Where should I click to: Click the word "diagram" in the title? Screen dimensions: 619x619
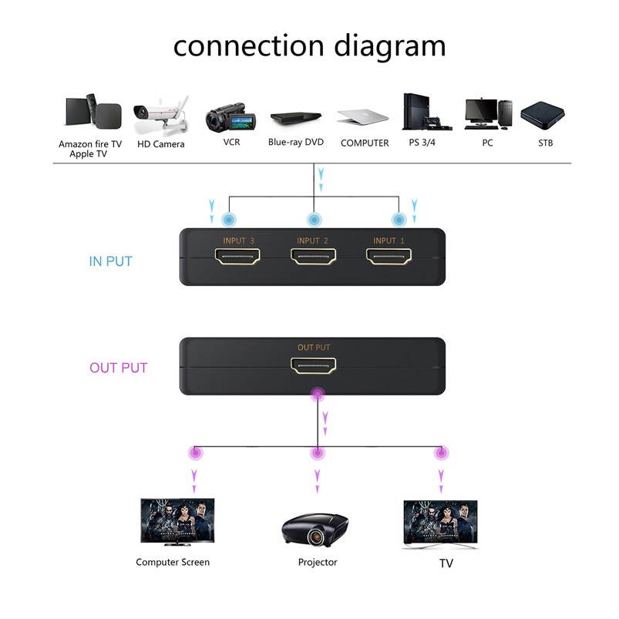pos(389,45)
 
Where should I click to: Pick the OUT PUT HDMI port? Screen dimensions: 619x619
pos(313,367)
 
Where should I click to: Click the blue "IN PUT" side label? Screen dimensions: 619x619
pos(110,261)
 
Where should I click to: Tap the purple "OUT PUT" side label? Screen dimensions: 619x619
pos(118,368)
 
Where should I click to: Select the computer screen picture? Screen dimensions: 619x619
pos(177,521)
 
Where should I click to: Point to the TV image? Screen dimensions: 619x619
pos(440,522)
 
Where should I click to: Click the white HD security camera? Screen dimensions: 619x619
pos(160,116)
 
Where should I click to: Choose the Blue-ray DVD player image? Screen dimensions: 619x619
pos(296,119)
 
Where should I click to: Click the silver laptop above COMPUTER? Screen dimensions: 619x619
pos(363,116)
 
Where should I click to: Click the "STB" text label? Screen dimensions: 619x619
pos(545,143)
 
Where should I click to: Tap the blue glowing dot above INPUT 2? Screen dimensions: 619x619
pos(313,220)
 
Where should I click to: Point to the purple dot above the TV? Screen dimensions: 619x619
pos(441,452)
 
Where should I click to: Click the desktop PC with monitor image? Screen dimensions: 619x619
pos(488,114)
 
